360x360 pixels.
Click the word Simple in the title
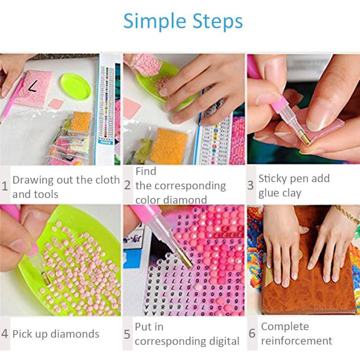coord(155,22)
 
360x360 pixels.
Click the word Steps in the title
coord(217,22)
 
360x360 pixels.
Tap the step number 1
coord(5,186)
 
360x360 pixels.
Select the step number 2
coord(128,185)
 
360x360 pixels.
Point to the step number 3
coord(250,185)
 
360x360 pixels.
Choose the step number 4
coord(5,334)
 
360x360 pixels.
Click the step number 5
coord(127,334)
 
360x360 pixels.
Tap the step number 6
coord(252,333)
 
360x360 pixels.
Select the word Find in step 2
coord(146,171)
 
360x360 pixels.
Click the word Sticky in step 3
coord(271,179)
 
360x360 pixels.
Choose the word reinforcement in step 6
coord(296,341)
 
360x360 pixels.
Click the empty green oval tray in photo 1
coord(76,86)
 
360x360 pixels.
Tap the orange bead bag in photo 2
coord(169,146)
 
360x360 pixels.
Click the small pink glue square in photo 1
coord(56,104)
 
